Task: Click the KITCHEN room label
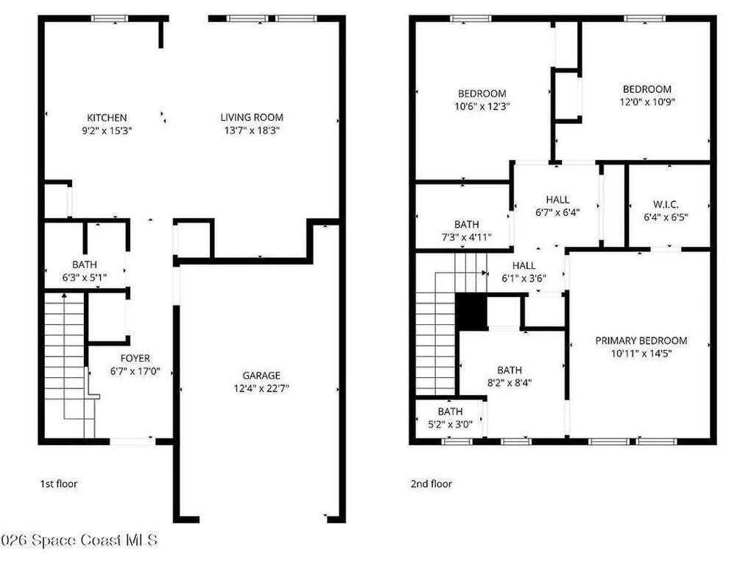(x=107, y=117)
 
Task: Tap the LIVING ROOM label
(x=252, y=117)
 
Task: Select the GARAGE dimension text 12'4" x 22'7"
(x=261, y=388)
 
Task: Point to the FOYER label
(x=135, y=358)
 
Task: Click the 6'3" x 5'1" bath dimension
(x=85, y=277)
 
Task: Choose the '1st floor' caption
(x=58, y=483)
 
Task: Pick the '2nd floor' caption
(x=431, y=483)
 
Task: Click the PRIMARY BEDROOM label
(x=641, y=340)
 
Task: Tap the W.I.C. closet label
(x=666, y=205)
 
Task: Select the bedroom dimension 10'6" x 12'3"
(x=482, y=106)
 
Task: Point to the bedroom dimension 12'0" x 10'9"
(x=647, y=102)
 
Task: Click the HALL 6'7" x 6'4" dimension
(x=558, y=212)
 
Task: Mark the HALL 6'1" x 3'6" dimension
(x=524, y=278)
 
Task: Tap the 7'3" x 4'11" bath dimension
(x=466, y=237)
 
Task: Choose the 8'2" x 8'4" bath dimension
(x=510, y=382)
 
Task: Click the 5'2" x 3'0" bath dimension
(x=450, y=424)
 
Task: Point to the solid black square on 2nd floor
(x=471, y=312)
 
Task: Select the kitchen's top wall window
(x=110, y=18)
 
